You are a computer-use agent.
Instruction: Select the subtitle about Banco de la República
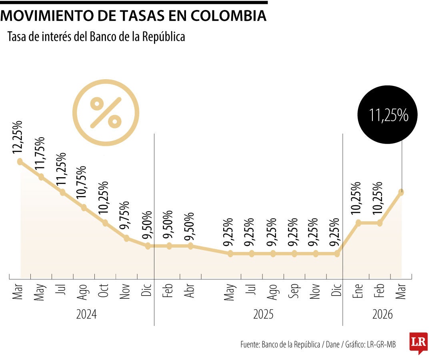pyautogui.click(x=96, y=37)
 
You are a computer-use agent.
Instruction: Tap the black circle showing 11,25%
pyautogui.click(x=387, y=115)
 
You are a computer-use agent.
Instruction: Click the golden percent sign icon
pyautogui.click(x=106, y=112)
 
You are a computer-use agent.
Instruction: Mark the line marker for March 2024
pyautogui.click(x=20, y=162)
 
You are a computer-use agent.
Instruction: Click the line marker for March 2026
pyautogui.click(x=401, y=192)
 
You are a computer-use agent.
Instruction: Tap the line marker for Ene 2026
pyautogui.click(x=358, y=223)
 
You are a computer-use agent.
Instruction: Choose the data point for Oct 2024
pyautogui.click(x=105, y=223)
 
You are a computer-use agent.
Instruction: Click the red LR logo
pyautogui.click(x=418, y=342)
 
